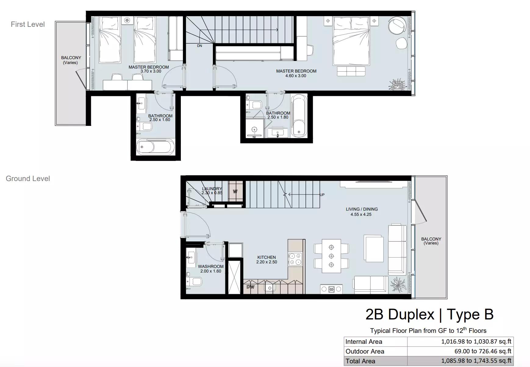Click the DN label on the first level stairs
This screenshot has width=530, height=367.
pyautogui.click(x=199, y=46)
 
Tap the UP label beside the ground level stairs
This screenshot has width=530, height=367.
pyautogui.click(x=322, y=195)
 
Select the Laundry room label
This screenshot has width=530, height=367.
pyautogui.click(x=212, y=189)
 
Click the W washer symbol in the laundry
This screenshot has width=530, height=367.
pyautogui.click(x=235, y=192)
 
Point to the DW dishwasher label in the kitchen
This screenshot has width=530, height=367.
pyautogui.click(x=250, y=287)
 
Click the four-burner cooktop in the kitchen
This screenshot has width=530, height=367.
pyautogui.click(x=295, y=259)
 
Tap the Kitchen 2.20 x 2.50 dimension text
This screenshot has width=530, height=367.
pyautogui.click(x=267, y=262)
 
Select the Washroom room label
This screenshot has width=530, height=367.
pyautogui.click(x=211, y=266)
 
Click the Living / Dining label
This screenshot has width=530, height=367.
pyautogui.click(x=362, y=209)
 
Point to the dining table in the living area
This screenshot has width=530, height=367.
pyautogui.click(x=331, y=256)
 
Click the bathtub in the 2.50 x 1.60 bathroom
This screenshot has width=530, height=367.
pyautogui.click(x=156, y=147)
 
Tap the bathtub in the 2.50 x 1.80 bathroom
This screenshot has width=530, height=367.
pyautogui.click(x=299, y=116)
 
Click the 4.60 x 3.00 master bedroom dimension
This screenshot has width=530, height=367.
pyautogui.click(x=296, y=76)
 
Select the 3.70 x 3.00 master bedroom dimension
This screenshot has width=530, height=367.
pyautogui.click(x=151, y=71)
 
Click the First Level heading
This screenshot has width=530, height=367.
pyautogui.click(x=28, y=24)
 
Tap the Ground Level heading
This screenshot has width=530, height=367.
pyautogui.click(x=28, y=179)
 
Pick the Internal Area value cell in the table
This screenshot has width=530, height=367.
pyautogui.click(x=460, y=341)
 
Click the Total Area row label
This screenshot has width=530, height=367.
pyautogui.click(x=360, y=361)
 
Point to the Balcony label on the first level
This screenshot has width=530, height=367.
pyautogui.click(x=71, y=58)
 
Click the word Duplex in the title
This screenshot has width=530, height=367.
pyautogui.click(x=411, y=314)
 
